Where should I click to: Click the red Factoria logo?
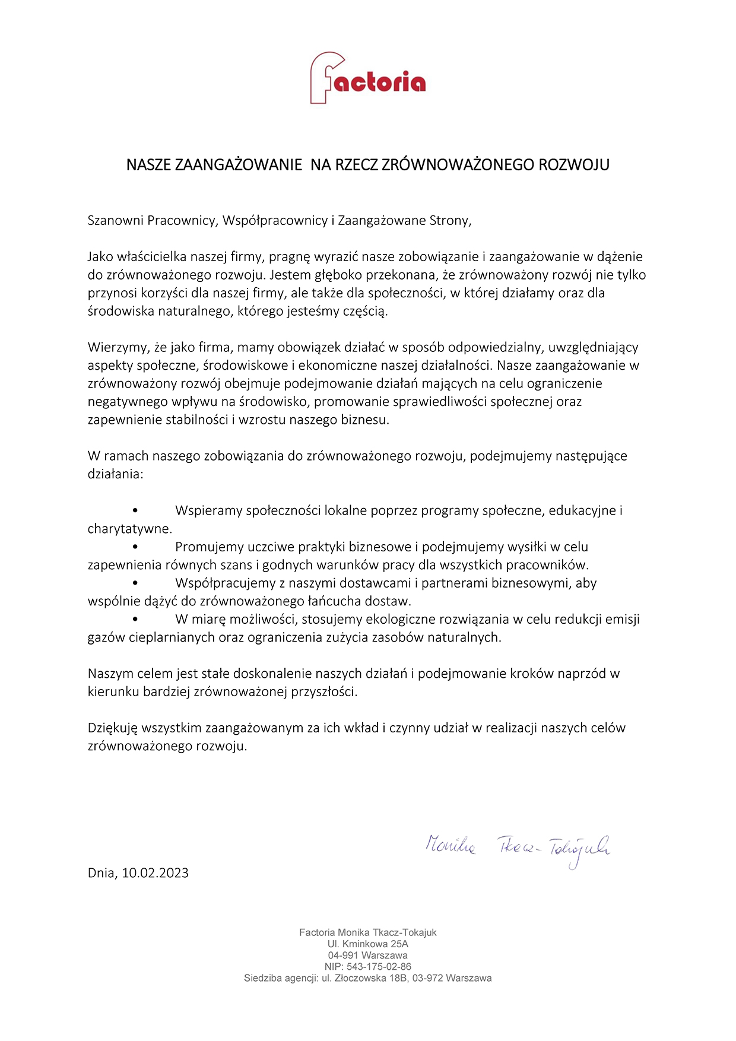tap(367, 78)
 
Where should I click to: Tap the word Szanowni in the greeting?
tap(115, 221)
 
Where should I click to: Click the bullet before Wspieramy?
tap(136, 510)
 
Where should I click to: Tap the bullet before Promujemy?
tap(136, 547)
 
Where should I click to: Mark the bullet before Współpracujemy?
tap(136, 583)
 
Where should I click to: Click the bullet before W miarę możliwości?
tap(136, 619)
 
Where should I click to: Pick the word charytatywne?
tap(129, 529)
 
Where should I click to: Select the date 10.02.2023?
tap(155, 873)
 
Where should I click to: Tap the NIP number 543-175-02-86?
tap(380, 967)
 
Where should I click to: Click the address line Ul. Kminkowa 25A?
tap(368, 944)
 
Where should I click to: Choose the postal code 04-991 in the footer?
tap(343, 956)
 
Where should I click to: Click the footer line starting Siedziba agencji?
tap(368, 978)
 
